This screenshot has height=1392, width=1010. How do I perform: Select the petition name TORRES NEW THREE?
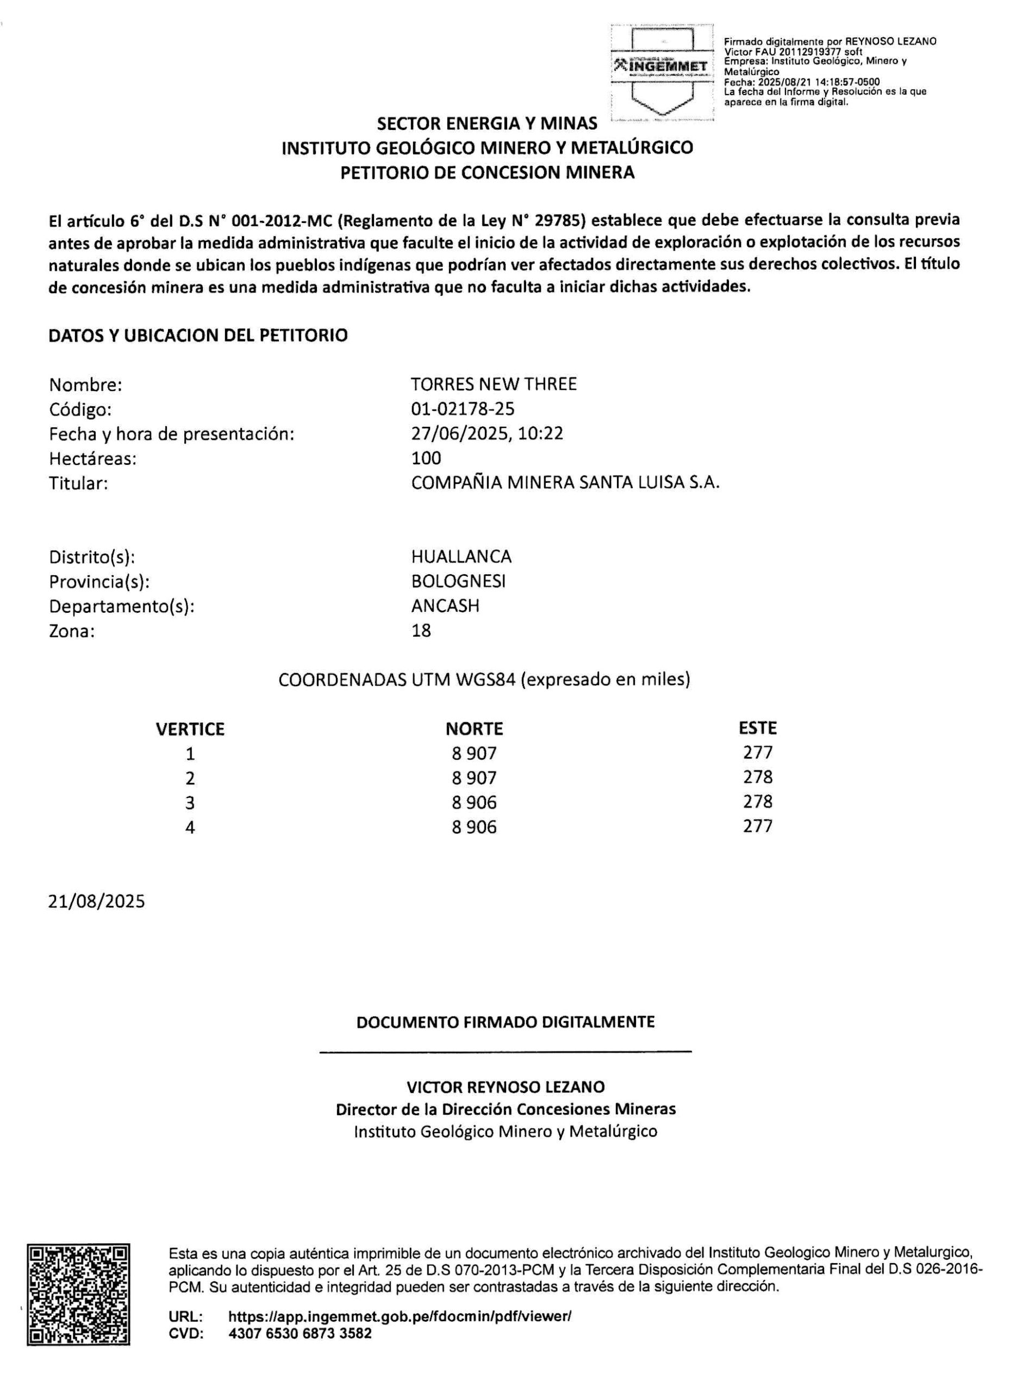point(494,384)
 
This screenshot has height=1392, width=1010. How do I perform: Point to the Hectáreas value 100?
point(426,458)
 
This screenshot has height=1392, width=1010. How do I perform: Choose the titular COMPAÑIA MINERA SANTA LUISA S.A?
point(564,483)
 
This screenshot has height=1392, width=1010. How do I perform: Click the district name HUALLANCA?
point(461,557)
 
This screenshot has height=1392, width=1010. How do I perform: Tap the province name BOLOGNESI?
point(458,581)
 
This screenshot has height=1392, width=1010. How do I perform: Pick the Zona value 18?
point(421,630)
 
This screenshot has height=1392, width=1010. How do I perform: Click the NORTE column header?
point(473,729)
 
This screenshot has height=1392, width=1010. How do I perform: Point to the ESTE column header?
point(757,728)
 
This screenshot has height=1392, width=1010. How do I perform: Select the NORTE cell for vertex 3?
point(473,802)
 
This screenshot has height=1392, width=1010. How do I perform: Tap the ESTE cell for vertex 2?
point(757,777)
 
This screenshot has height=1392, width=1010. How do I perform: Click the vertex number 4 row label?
point(190,828)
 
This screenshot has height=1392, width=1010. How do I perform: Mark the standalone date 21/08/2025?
point(97,902)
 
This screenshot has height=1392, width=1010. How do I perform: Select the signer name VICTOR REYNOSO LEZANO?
point(505,1087)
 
